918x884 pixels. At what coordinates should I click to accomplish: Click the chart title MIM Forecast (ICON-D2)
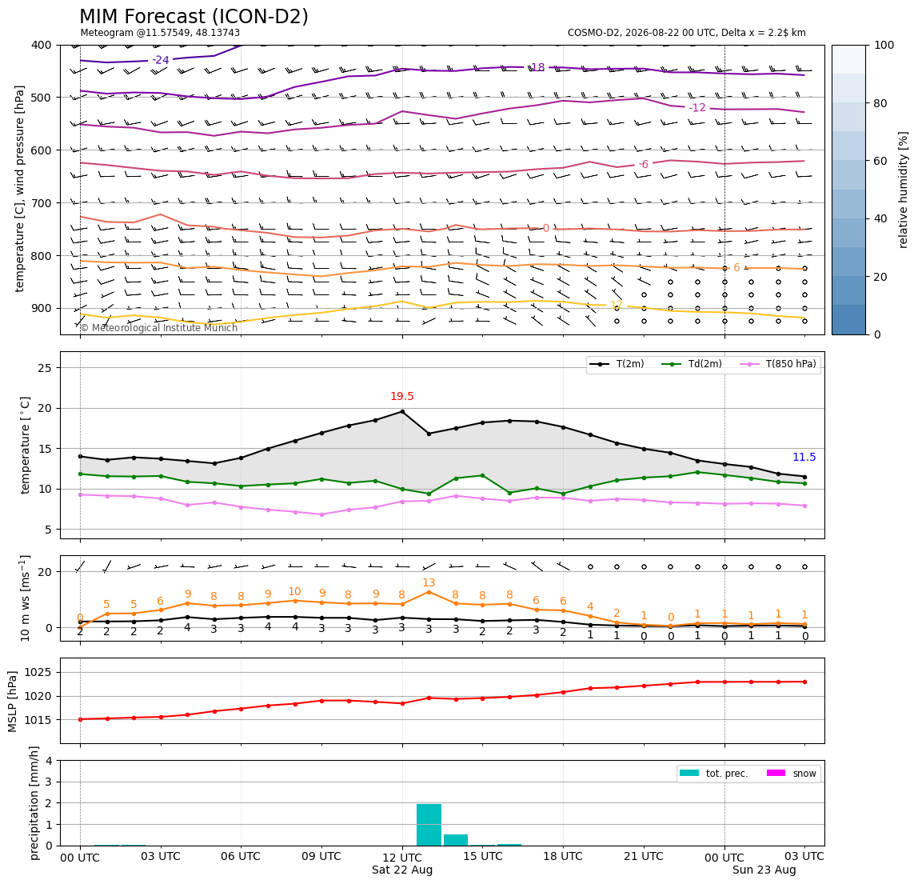194,17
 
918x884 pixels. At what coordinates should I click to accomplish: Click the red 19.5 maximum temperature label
402,397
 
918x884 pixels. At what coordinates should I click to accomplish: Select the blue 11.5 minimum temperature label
804,458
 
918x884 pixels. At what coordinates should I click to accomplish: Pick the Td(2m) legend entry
692,364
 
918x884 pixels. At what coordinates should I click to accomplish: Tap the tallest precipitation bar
429,825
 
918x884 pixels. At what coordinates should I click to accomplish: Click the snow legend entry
791,774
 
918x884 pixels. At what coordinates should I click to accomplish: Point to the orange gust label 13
429,583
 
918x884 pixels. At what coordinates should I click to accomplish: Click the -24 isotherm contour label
161,60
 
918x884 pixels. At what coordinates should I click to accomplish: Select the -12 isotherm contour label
696,108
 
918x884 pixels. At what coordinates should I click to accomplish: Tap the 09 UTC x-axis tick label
321,856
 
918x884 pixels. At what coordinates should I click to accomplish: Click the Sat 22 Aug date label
402,870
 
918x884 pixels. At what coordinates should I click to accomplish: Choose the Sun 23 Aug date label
764,870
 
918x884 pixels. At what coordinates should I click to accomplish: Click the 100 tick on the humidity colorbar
884,45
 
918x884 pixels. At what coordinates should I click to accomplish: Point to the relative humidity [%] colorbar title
904,190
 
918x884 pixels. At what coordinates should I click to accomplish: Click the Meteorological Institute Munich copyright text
158,327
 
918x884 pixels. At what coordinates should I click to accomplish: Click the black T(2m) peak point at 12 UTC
402,412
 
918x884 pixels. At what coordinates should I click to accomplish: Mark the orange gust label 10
294,592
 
